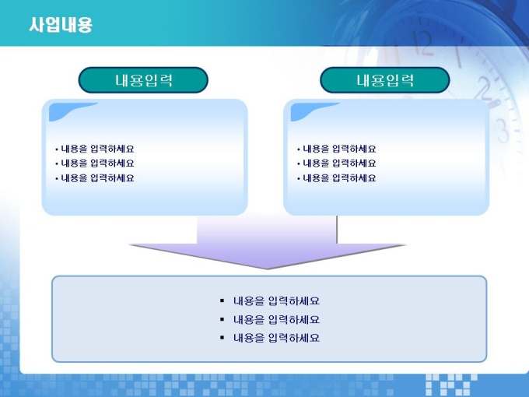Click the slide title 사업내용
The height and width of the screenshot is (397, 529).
click(x=61, y=25)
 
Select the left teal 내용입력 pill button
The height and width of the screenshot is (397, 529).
click(x=143, y=80)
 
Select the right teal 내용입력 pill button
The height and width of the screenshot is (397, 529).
click(x=385, y=80)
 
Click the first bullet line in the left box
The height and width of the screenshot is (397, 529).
click(x=95, y=149)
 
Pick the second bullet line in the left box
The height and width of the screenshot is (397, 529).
click(x=95, y=163)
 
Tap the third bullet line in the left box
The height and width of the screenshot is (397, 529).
click(x=95, y=178)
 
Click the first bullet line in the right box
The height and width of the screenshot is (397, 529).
click(x=337, y=149)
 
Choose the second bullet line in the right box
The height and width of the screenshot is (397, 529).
click(x=337, y=163)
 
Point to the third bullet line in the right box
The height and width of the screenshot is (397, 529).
click(x=337, y=178)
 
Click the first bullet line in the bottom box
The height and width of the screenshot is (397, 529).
click(x=270, y=300)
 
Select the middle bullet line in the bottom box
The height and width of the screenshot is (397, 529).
click(x=270, y=319)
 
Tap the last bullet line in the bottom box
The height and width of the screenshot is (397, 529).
click(x=270, y=338)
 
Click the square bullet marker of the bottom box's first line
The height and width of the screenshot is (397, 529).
click(x=222, y=300)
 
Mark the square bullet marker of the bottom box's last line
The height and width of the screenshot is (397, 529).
click(x=222, y=337)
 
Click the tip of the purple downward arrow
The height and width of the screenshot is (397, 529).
click(x=268, y=269)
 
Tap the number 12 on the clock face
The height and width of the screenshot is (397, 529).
click(x=422, y=43)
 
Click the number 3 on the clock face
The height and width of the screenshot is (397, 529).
click(x=503, y=132)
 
